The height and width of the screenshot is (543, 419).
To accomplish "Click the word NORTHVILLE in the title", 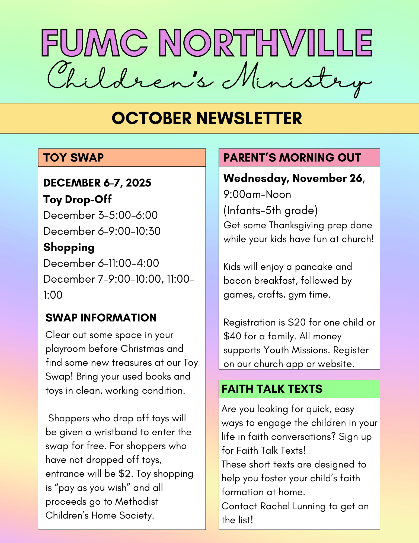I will (265, 43).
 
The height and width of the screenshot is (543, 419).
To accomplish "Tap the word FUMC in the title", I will (95, 43).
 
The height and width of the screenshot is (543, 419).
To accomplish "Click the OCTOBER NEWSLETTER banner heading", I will (207, 118).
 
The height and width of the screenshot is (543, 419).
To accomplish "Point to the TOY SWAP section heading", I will (73, 158).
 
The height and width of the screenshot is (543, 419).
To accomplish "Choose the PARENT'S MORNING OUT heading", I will (292, 158).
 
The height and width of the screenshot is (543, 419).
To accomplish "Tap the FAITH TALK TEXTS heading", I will (272, 389).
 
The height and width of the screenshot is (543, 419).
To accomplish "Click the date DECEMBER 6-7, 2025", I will (97, 183).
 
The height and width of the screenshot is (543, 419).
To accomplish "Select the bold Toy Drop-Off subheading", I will (78, 199).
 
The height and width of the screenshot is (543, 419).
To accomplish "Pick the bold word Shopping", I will (69, 247).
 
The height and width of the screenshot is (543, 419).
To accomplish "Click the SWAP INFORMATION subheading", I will (101, 318).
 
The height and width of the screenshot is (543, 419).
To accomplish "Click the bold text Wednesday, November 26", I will (293, 178).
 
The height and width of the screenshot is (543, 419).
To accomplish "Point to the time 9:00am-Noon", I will (257, 194).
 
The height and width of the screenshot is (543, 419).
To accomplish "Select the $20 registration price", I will (297, 322).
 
